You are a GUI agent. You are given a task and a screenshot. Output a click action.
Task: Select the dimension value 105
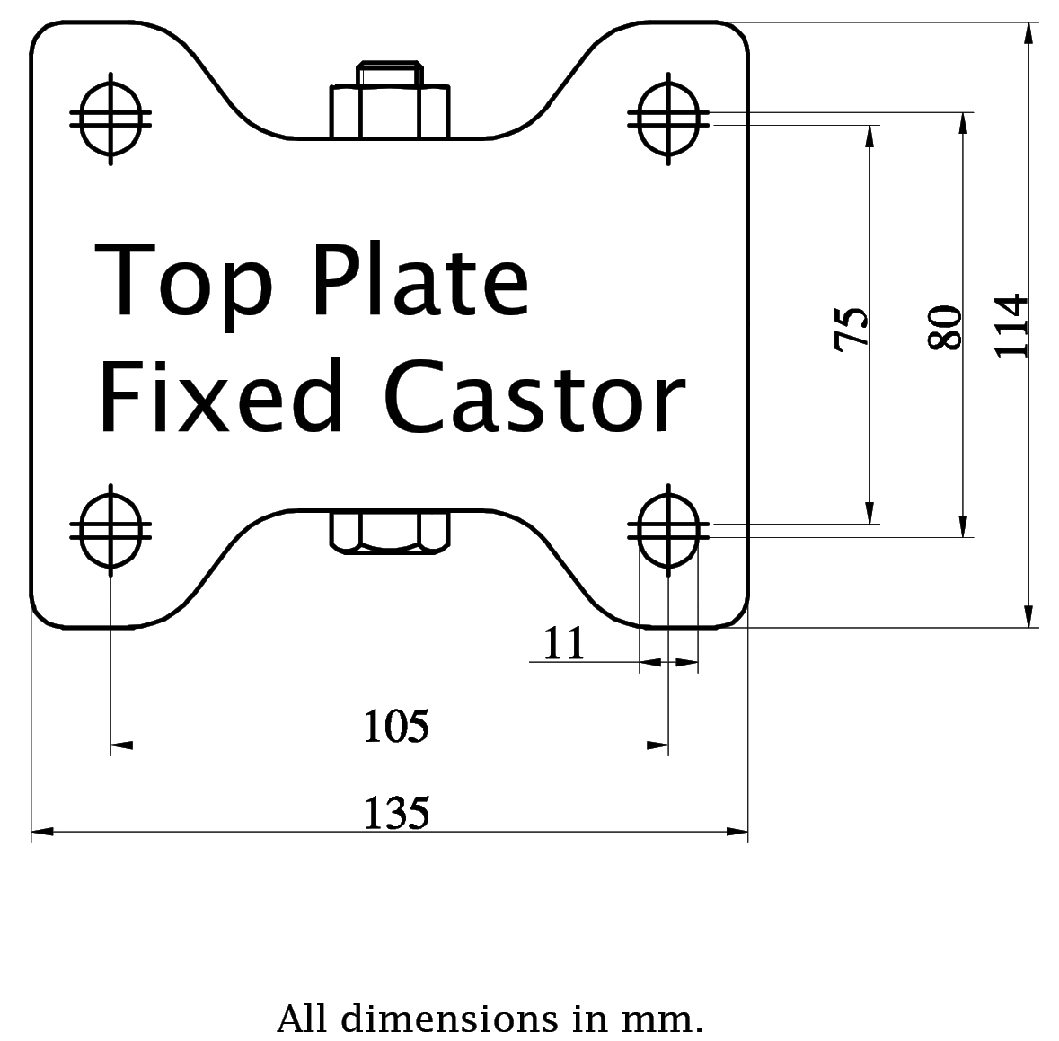(x=395, y=726)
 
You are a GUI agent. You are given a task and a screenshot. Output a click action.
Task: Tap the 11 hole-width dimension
(x=564, y=643)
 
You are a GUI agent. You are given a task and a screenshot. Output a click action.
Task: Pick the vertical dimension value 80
(x=946, y=328)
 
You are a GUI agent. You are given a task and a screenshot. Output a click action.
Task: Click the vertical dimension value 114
(x=1012, y=326)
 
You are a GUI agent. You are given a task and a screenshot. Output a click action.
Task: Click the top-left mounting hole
(x=110, y=117)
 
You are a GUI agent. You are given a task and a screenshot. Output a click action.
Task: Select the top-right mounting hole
(x=667, y=117)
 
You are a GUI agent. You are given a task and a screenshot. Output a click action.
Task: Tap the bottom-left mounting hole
(x=110, y=530)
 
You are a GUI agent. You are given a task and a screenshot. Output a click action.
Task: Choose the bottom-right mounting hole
(x=667, y=530)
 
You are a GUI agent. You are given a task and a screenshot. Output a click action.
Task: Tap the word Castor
(x=535, y=395)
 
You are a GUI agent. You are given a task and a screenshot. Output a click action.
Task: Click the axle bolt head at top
(x=389, y=101)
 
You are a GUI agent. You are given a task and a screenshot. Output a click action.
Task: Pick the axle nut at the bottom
(x=389, y=530)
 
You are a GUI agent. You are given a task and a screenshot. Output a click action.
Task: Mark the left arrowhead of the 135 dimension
(x=40, y=833)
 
